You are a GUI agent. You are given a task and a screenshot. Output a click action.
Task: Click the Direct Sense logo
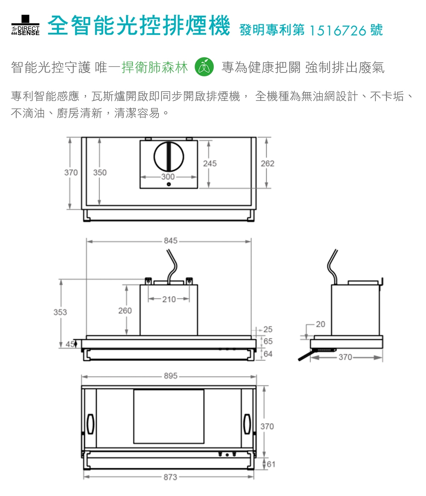point(25,25)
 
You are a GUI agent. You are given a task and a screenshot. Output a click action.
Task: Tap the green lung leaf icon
point(204,67)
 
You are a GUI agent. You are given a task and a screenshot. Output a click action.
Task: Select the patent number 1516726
point(337,31)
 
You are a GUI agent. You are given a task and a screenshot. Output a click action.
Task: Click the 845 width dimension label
point(170,241)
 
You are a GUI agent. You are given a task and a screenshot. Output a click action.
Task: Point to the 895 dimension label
point(170,376)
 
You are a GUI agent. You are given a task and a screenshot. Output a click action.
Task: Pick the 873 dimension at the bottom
point(170,477)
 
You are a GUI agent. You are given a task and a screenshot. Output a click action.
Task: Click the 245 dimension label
point(210,164)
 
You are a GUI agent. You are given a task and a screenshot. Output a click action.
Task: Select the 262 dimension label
point(268,164)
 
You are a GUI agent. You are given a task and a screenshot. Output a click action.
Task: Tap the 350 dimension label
point(100,173)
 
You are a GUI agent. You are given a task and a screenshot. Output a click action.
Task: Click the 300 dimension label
point(168,177)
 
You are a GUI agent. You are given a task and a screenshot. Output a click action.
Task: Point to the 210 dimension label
point(169,299)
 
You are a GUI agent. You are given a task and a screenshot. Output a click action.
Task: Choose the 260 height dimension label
point(125,311)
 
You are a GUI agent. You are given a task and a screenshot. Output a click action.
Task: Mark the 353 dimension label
point(60,312)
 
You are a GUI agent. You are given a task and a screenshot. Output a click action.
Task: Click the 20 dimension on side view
point(320,324)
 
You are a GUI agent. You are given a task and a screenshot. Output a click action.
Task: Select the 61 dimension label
point(271,464)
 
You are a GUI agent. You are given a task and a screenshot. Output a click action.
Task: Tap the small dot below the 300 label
point(169,184)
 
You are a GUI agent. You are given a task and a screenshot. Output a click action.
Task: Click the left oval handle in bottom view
point(90,424)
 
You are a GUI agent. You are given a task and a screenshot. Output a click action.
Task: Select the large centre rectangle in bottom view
point(169,416)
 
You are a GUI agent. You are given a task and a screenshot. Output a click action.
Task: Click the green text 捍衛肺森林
point(155,67)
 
